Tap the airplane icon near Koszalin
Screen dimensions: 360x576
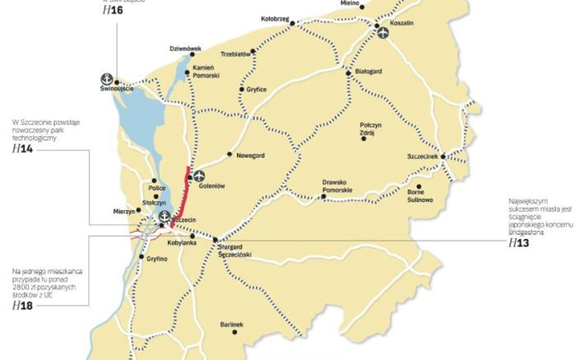pyautogui.click(x=383, y=33)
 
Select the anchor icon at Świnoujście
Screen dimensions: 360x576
pyautogui.click(x=106, y=79)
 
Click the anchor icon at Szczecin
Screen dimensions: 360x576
pyautogui.click(x=164, y=216)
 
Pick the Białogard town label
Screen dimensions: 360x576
pyautogui.click(x=369, y=71)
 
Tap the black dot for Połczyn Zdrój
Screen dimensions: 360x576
pyautogui.click(x=364, y=138)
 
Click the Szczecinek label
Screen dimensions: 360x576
pyautogui.click(x=423, y=157)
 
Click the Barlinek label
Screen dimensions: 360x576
pyautogui.click(x=231, y=325)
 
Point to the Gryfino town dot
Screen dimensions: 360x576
pyautogui.click(x=142, y=258)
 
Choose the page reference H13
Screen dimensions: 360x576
pyautogui.click(x=518, y=243)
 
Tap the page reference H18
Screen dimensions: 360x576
pyautogui.click(x=22, y=305)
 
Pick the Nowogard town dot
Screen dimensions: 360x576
pyautogui.click(x=229, y=154)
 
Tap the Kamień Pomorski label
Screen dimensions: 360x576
pyautogui.click(x=205, y=72)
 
